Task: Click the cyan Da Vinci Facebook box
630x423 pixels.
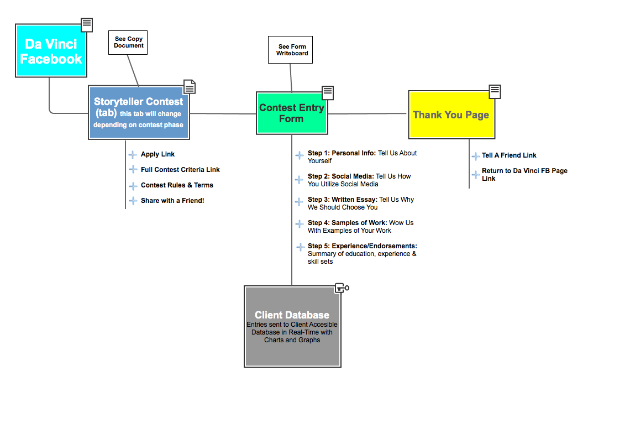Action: point(51,51)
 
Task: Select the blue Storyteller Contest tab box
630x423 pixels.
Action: point(138,113)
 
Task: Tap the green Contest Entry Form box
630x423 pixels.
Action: point(292,113)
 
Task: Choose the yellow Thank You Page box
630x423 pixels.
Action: point(451,115)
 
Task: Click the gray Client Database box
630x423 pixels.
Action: point(292,326)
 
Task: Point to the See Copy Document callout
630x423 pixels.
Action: point(128,42)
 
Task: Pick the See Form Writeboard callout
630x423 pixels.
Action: point(291,50)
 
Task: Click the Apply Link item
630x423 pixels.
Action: point(158,154)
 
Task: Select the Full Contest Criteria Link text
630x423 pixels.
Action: point(180,170)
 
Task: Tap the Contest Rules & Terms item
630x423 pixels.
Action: point(177,185)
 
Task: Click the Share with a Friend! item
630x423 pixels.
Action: point(172,201)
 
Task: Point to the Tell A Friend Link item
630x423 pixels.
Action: point(509,155)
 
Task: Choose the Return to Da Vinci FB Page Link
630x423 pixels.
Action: point(524,174)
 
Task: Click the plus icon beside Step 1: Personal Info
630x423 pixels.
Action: point(300,156)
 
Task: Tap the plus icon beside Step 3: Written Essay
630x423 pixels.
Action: point(300,202)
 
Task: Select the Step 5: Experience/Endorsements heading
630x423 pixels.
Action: point(362,246)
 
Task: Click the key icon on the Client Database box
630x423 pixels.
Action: point(342,288)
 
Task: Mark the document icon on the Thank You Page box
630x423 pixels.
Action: point(495,91)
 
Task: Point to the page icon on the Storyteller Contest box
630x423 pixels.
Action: point(190,87)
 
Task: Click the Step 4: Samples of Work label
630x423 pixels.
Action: point(347,223)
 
